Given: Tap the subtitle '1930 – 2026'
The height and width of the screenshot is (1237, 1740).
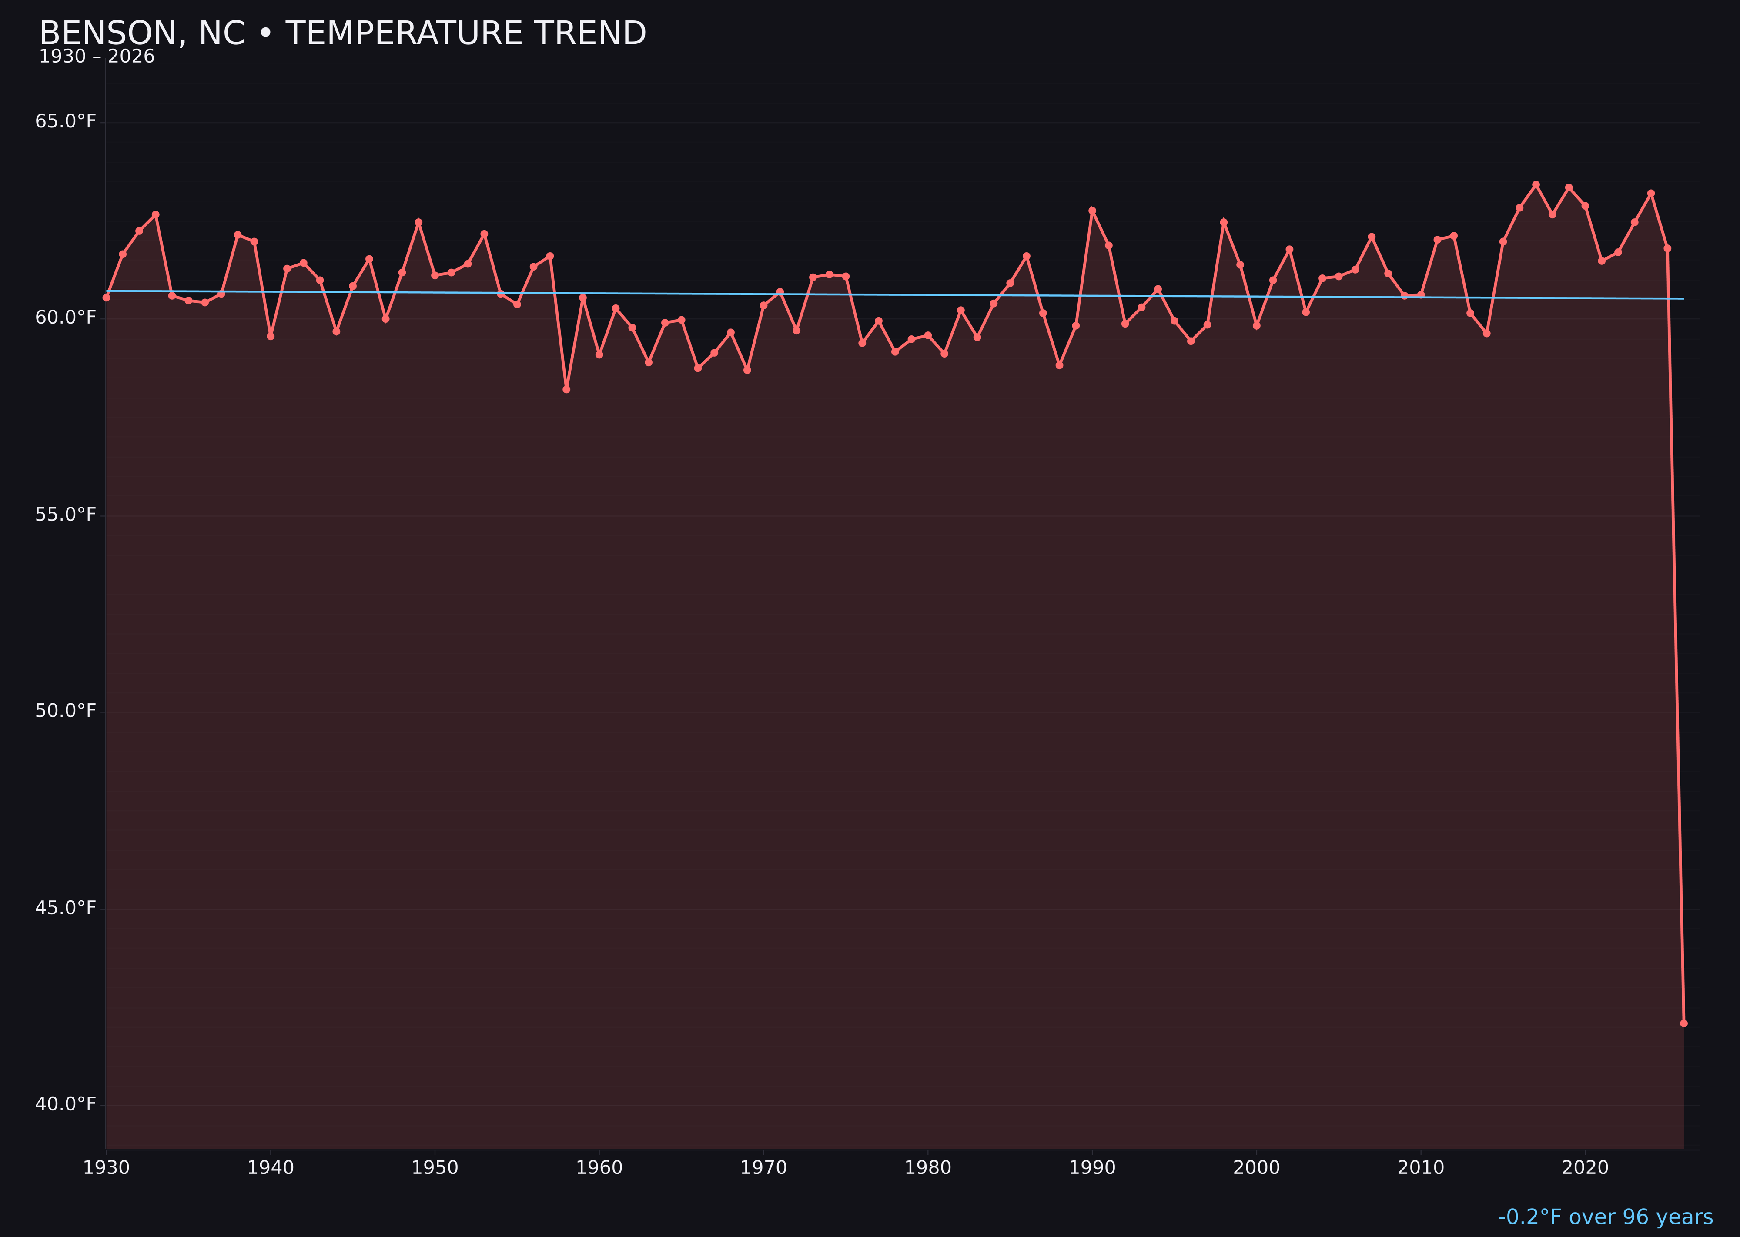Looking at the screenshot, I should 97,57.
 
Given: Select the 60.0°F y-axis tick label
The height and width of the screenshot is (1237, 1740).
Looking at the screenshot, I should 66,318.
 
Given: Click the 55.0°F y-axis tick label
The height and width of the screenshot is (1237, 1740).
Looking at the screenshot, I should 66,515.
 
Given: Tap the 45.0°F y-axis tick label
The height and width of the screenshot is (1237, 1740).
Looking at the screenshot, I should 66,908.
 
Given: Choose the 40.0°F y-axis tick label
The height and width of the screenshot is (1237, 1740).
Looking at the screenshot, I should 66,1104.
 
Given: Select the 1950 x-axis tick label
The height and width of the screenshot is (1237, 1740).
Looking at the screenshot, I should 435,1168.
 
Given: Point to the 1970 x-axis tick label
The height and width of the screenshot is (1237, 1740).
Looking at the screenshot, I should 763,1168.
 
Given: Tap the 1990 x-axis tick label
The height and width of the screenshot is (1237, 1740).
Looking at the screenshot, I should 1092,1168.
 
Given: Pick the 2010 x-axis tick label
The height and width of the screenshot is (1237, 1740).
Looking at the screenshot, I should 1421,1168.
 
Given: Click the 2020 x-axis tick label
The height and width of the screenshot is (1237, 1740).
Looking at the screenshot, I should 1585,1168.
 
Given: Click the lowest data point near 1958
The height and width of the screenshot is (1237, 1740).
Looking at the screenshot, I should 566,389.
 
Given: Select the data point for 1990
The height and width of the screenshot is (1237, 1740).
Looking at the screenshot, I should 1092,210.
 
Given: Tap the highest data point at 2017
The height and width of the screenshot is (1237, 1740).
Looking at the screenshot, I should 1536,184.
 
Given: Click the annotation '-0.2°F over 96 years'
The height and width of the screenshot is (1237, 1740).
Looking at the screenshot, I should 1605,1217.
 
